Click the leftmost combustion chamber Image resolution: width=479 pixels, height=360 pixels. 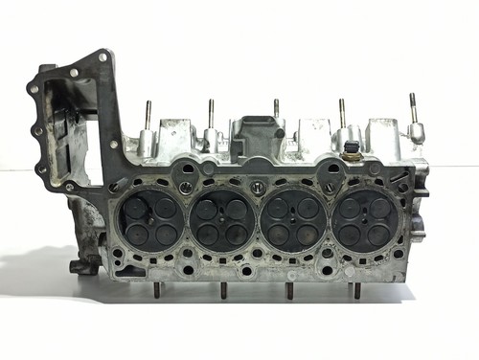(x=149, y=220)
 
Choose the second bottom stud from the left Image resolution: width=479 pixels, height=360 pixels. (x=223, y=291)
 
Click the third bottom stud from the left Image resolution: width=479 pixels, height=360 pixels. (x=288, y=291)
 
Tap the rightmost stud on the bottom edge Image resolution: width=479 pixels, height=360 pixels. (x=356, y=291)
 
